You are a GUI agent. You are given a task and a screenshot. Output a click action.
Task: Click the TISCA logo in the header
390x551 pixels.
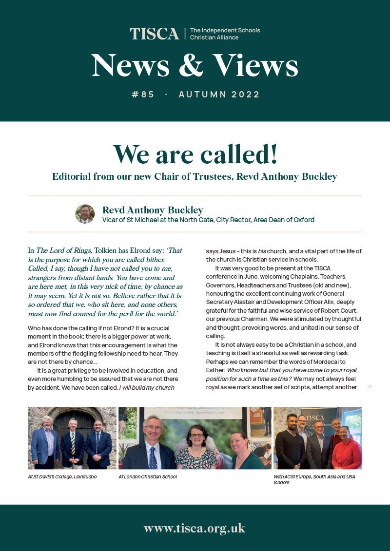(155, 34)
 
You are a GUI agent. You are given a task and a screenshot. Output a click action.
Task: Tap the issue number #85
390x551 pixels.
(143, 95)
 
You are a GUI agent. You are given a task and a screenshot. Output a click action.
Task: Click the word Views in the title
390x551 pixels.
(255, 66)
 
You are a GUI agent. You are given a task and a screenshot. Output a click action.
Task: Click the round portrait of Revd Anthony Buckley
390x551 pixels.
(85, 214)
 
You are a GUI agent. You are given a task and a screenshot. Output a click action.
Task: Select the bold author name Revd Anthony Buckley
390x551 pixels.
(153, 210)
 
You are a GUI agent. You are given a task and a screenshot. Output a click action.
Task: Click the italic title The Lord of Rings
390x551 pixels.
(63, 250)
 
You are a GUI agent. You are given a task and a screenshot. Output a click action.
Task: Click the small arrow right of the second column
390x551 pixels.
(370, 386)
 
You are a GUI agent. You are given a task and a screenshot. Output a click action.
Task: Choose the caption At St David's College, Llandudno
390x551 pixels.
(62, 476)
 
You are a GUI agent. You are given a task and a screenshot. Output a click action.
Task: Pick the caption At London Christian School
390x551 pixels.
(147, 476)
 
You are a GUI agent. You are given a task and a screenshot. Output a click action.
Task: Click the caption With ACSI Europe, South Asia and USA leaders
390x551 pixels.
(314, 479)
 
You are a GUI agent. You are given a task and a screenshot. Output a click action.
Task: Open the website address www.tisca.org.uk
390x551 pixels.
(195, 528)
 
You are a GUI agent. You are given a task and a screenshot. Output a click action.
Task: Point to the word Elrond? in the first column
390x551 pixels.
(113, 328)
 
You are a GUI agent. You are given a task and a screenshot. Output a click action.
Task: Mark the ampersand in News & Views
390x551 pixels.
(191, 66)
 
